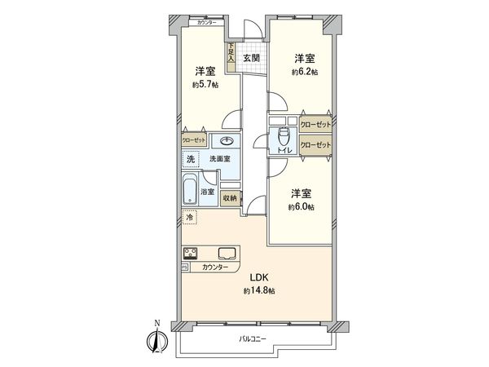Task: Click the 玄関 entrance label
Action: pyautogui.click(x=250, y=58)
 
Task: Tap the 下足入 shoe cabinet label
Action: pyautogui.click(x=231, y=55)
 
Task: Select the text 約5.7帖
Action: pyautogui.click(x=205, y=84)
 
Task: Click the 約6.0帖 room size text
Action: pyautogui.click(x=302, y=207)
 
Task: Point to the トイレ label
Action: pyautogui.click(x=284, y=152)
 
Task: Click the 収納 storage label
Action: pyautogui.click(x=229, y=197)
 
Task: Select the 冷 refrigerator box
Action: pyautogui.click(x=189, y=218)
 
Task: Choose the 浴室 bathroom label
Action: pyautogui.click(x=208, y=192)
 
